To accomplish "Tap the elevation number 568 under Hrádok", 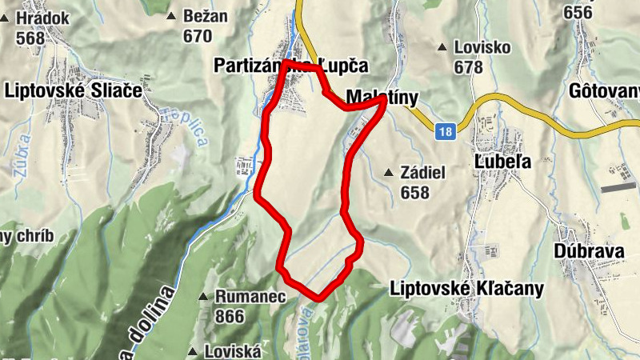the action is click(30, 38).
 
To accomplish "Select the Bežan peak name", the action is click(205, 16).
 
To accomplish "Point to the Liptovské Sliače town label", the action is click(73, 91).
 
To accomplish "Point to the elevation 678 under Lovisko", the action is click(467, 66).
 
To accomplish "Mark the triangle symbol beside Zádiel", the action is click(388, 173).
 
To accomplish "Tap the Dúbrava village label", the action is click(588, 251).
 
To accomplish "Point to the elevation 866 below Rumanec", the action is click(230, 316).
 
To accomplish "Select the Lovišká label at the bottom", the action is click(234, 351).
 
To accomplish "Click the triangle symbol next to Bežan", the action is click(170, 16).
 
